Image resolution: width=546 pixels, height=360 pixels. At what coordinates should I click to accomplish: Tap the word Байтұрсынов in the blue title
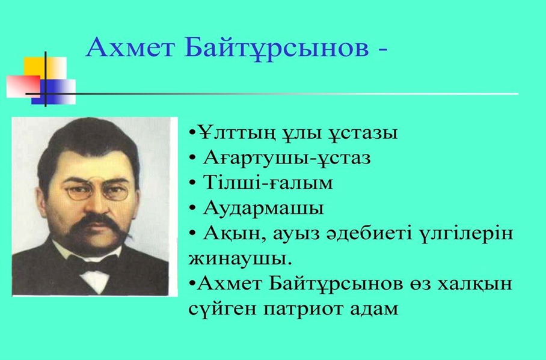tap(277, 49)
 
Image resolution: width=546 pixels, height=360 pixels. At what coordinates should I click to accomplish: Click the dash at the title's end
tap(382, 50)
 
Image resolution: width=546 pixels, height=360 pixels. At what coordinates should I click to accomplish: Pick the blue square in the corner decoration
tap(54, 92)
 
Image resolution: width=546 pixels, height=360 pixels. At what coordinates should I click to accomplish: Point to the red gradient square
tap(23, 86)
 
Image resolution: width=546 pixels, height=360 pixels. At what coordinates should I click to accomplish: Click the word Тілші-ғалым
tap(268, 183)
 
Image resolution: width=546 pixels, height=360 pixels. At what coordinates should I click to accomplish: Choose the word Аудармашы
tap(263, 208)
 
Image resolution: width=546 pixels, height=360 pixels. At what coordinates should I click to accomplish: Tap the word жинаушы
tap(239, 259)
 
